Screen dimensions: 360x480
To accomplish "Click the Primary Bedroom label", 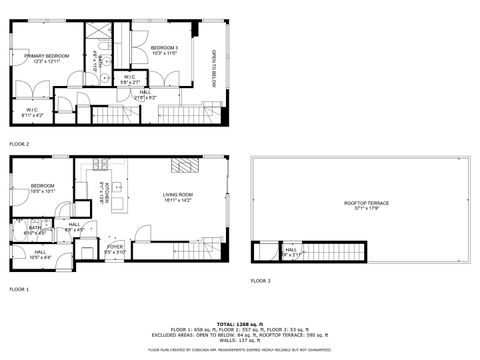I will (x=47, y=58).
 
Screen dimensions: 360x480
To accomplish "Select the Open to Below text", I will (x=213, y=70).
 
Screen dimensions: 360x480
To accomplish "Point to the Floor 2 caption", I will (x=20, y=144).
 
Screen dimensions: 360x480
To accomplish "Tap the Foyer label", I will (x=115, y=249).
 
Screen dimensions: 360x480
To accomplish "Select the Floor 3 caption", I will (x=261, y=280).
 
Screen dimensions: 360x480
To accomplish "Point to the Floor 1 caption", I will (x=20, y=288).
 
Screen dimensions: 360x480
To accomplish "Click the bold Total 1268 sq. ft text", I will (x=239, y=323).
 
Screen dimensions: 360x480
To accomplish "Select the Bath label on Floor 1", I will (x=35, y=229).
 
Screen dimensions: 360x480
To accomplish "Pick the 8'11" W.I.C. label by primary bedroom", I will (x=31, y=113).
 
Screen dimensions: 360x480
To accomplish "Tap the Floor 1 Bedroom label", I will (x=42, y=187).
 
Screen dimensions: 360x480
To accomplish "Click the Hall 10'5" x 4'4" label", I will (x=40, y=255).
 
